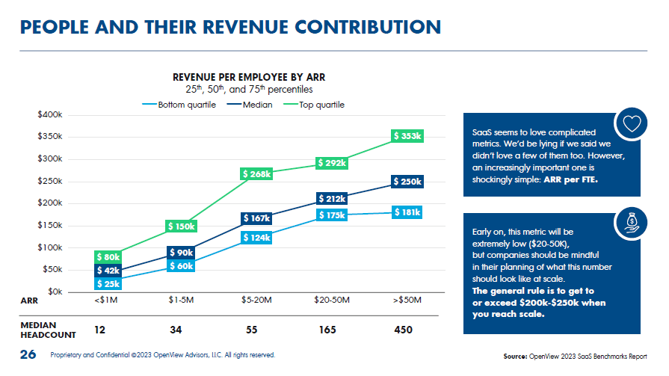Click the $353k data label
408,136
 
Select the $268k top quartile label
256,173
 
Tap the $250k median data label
408,182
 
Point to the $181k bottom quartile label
408,212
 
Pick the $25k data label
108,283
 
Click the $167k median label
256,218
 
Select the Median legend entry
258,105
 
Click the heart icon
632,124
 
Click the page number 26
28,354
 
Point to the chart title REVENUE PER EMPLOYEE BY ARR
249,77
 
